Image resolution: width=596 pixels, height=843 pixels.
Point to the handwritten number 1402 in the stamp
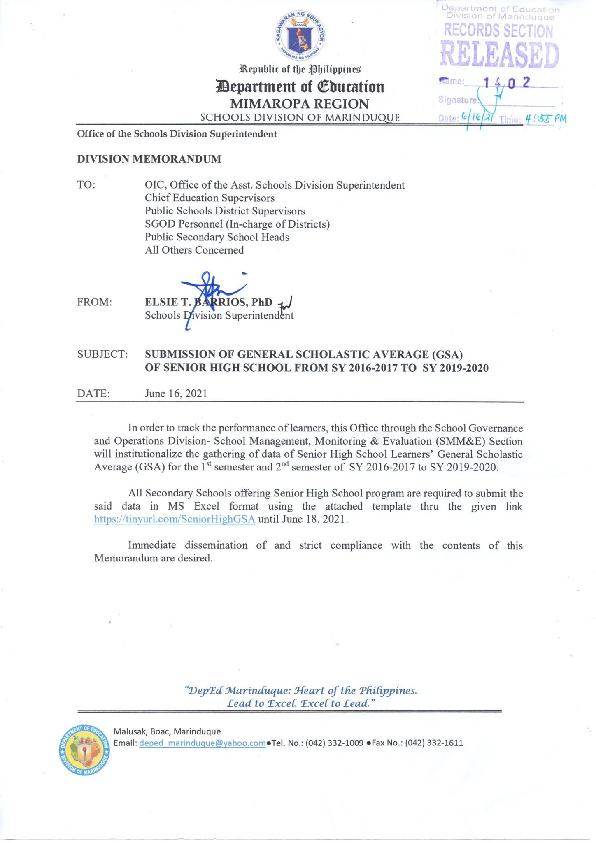click(506, 83)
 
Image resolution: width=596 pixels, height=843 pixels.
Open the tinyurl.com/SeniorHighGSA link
click(175, 519)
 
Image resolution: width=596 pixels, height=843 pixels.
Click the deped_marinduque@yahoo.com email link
click(203, 743)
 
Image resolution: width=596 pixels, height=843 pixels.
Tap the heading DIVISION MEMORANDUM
click(149, 159)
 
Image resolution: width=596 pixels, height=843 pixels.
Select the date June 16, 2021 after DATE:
click(176, 394)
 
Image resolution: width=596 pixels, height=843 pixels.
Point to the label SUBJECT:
click(102, 354)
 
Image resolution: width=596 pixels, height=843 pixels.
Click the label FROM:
click(95, 303)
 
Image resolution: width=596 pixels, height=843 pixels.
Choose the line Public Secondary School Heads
click(217, 237)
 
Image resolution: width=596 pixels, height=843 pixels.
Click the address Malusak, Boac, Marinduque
click(167, 731)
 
